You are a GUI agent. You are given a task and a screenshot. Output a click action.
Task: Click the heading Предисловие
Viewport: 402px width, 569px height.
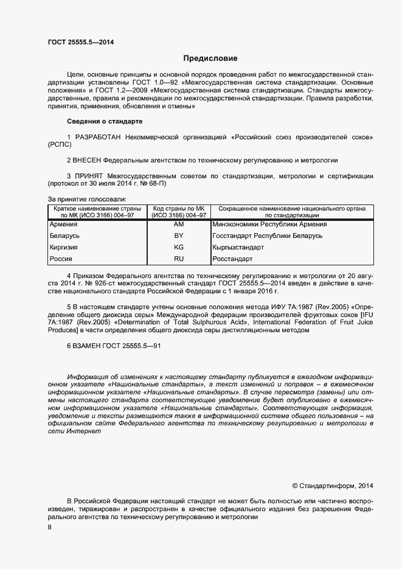pos(210,58)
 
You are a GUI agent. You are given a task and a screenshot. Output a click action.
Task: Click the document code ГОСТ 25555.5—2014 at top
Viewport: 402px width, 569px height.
pos(80,42)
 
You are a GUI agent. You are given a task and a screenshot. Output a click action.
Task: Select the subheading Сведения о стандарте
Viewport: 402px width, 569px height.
pos(104,122)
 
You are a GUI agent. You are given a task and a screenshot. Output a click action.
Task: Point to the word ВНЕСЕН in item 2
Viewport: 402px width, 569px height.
pos(88,160)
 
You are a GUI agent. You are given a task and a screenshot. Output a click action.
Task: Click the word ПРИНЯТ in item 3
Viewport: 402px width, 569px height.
pos(88,176)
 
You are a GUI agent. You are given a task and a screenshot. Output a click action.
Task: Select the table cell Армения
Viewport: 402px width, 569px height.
pos(63,225)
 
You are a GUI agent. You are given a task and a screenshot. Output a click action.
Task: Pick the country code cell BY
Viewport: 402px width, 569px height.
pos(179,236)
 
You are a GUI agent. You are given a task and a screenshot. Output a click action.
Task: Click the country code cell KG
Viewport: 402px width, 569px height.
pos(179,248)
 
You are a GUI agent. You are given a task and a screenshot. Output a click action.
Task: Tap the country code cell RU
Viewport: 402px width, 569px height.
pos(179,259)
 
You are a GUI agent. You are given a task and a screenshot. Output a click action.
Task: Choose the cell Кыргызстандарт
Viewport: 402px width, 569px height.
pos(238,248)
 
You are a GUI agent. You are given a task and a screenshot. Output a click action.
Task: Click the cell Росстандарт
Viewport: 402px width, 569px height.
pos(232,259)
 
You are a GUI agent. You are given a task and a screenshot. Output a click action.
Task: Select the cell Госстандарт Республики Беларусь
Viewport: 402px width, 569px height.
pos(267,236)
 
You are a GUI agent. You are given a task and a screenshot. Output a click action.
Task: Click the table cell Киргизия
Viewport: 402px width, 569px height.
pos(64,248)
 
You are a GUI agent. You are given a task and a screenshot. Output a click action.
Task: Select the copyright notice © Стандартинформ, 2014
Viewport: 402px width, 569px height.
pos(332,486)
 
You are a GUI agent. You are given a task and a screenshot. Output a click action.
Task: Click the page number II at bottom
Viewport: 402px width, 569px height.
pos(50,528)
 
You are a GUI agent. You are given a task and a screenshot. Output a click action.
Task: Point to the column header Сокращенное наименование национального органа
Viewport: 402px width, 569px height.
pos(292,209)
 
